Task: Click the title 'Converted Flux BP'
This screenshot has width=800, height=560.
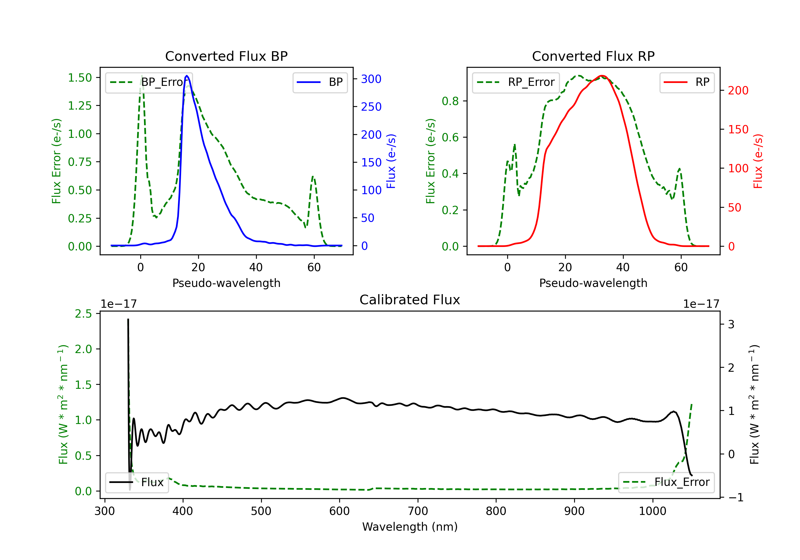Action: [226, 56]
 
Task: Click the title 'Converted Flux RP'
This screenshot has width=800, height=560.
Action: [593, 56]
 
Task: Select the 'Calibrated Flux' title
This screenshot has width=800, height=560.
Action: [410, 300]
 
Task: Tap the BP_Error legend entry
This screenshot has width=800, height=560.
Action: [149, 82]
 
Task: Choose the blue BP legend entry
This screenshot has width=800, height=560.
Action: [320, 82]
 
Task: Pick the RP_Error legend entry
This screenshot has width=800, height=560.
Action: [516, 82]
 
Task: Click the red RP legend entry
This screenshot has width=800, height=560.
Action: [687, 82]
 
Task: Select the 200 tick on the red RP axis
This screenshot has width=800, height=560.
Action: [738, 91]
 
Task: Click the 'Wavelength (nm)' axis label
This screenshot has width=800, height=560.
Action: [410, 527]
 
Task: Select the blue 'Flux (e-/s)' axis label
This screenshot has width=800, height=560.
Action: [391, 161]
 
